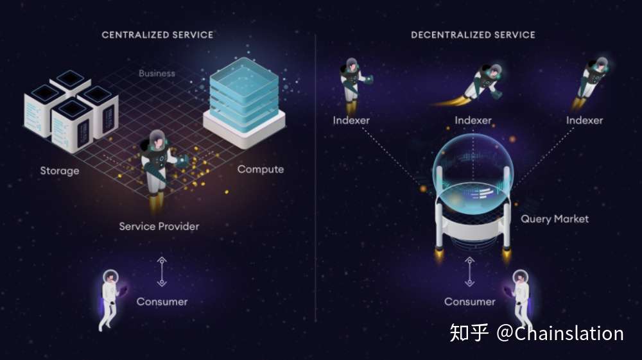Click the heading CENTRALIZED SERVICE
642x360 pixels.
pos(157,35)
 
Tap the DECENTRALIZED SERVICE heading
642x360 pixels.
pos(473,35)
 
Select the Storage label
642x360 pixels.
pos(60,171)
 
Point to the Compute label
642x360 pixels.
pos(261,169)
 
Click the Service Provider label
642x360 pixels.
pos(159,227)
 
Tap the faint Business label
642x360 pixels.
pos(157,73)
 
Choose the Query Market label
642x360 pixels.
pos(555,219)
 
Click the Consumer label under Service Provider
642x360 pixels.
pos(162,302)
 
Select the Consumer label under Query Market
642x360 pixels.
pos(470,302)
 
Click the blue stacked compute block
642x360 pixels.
pos(245,102)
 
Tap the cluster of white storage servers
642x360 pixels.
pos(71,111)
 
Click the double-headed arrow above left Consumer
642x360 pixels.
pos(162,271)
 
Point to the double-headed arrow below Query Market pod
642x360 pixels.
pos(470,271)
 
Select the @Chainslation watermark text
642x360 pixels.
pos(560,334)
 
